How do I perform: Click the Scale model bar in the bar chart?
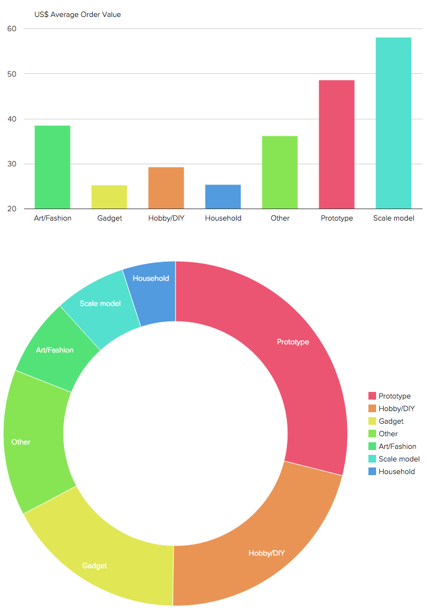point(393,123)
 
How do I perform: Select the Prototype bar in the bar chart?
point(336,145)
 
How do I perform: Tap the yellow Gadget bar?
point(109,197)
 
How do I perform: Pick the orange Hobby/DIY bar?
point(166,188)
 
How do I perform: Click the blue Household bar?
point(223,197)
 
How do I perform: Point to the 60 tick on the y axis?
point(12,29)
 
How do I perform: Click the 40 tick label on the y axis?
point(12,119)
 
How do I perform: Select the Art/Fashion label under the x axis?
point(52,218)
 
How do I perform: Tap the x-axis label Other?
point(280,218)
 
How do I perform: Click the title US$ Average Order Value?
point(78,15)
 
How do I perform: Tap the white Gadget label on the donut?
point(95,565)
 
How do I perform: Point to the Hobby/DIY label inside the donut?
point(267,553)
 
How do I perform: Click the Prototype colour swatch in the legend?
point(372,396)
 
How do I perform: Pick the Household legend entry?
point(396,471)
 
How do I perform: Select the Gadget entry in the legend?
point(391,421)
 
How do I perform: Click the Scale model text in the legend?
point(399,459)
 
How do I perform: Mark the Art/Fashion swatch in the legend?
point(372,446)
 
